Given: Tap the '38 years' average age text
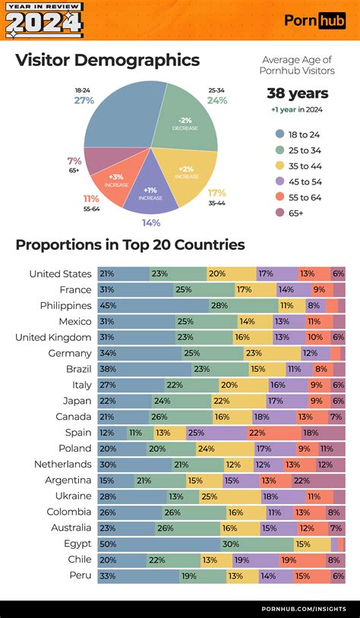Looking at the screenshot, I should pyautogui.click(x=297, y=93).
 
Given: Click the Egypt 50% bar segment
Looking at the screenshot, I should pyautogui.click(x=159, y=544).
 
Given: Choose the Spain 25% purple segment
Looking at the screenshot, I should pyautogui.click(x=216, y=433).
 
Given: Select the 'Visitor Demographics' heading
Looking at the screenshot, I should pyautogui.click(x=107, y=60).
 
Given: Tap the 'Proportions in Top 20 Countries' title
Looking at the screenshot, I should pyautogui.click(x=130, y=244).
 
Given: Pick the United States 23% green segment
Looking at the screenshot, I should pyautogui.click(x=178, y=273).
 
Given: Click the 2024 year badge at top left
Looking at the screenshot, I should pyautogui.click(x=44, y=20).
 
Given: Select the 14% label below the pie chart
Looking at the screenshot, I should pyautogui.click(x=150, y=222).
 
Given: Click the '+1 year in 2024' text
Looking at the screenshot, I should pyautogui.click(x=297, y=110).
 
